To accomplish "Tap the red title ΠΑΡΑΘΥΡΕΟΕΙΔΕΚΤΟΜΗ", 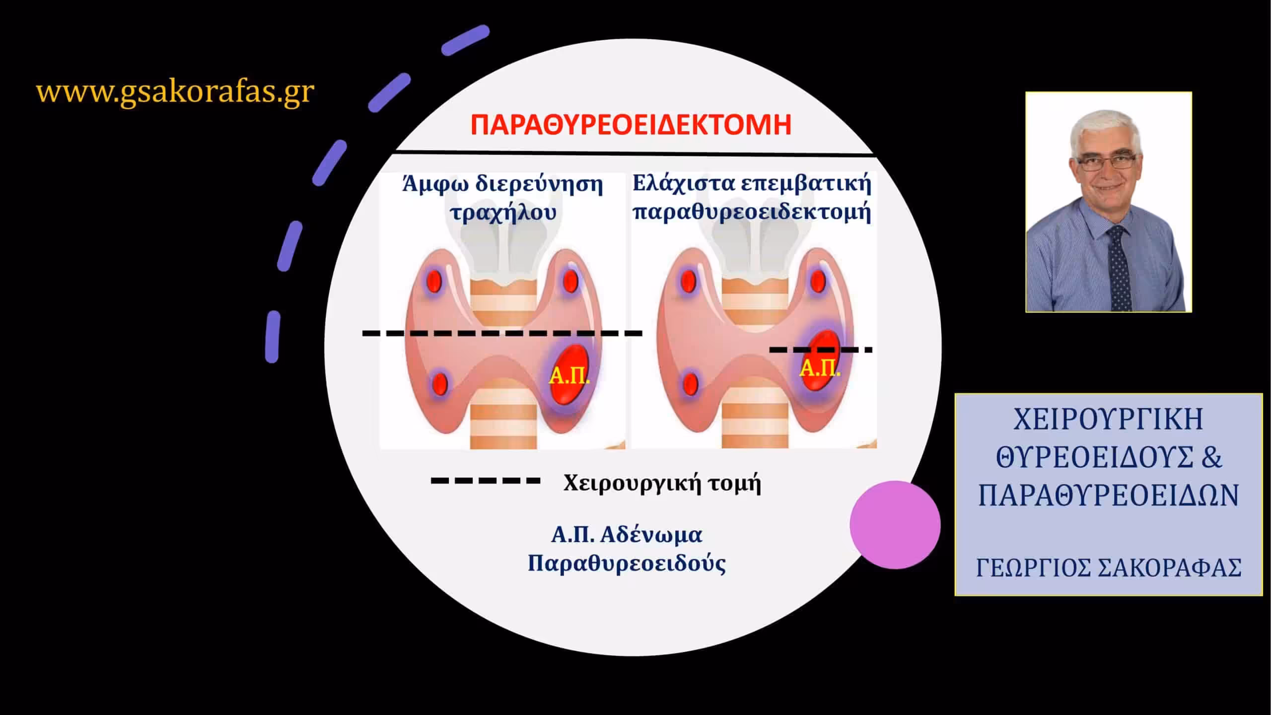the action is coord(631,125).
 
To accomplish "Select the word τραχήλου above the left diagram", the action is coord(502,213).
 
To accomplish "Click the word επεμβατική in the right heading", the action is coord(806,184).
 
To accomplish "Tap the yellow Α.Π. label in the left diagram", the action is coord(569,377).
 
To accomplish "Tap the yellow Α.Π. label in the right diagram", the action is coord(820,368).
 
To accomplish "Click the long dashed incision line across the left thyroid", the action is coord(502,333).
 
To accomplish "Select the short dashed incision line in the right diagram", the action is coord(821,350).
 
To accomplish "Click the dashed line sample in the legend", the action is coord(485,480).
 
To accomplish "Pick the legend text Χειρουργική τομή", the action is coord(662,483).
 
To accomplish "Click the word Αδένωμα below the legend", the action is coord(651,535).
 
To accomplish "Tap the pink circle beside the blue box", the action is coord(895,525).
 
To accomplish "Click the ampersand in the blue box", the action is coord(1212,457).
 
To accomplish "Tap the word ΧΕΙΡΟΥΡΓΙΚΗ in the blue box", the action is coord(1108,420).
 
